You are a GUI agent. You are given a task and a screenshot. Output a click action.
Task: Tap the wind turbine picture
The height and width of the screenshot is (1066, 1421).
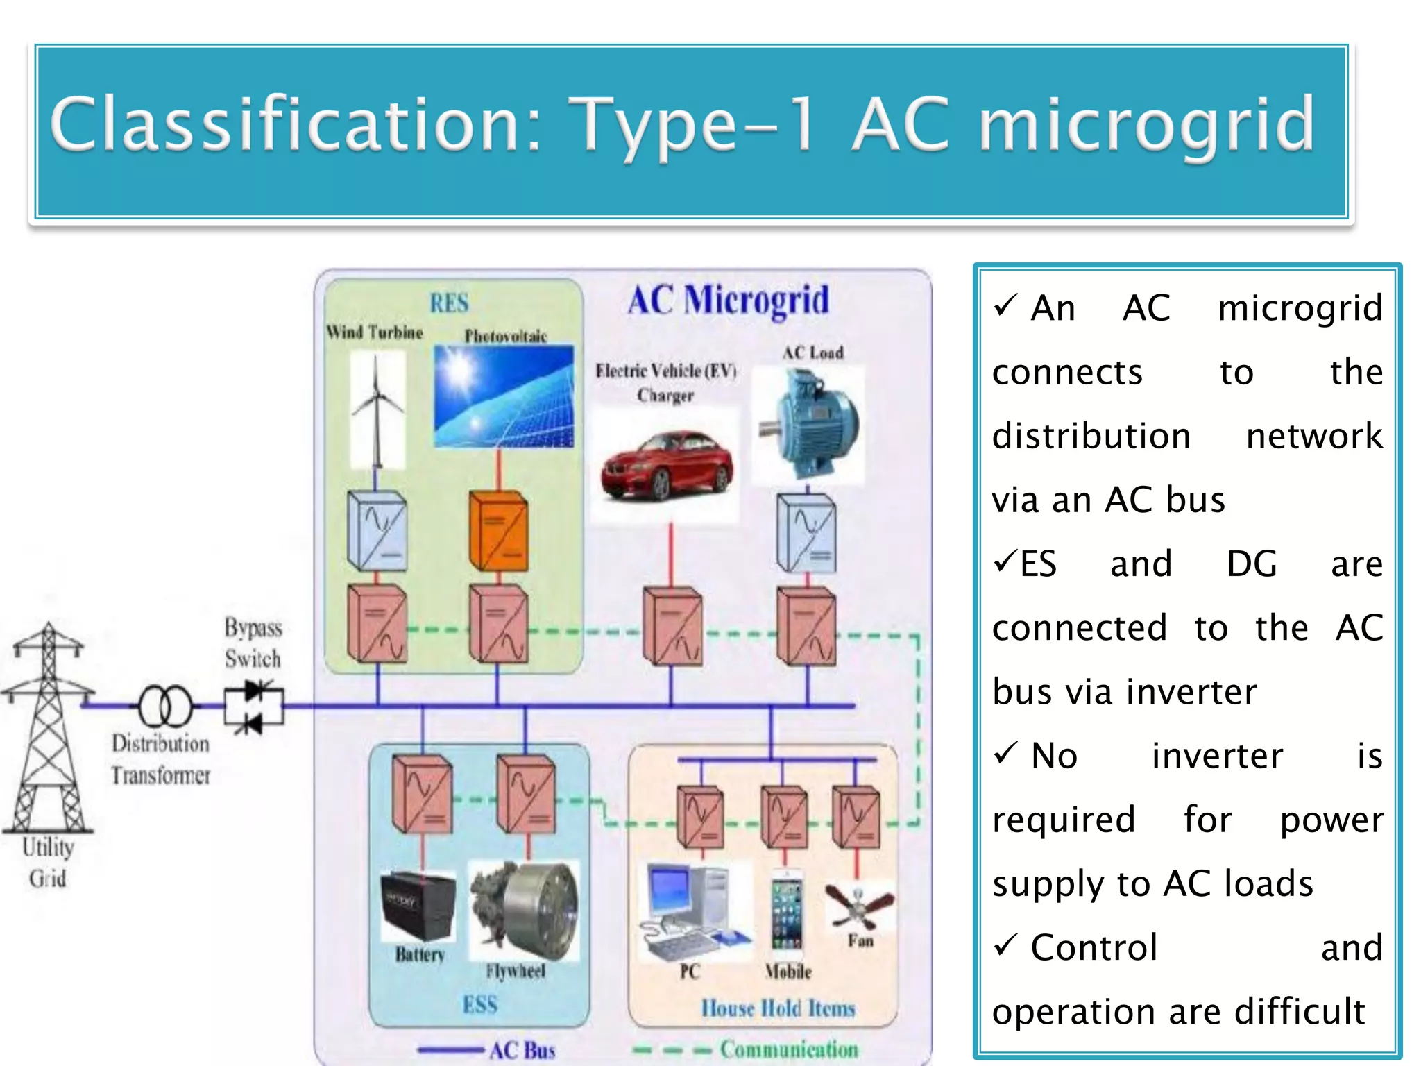(x=377, y=409)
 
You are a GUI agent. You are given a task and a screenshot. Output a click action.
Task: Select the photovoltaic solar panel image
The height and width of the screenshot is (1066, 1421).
(x=504, y=396)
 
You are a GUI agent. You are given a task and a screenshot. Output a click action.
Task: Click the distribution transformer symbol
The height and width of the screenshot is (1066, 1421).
(x=165, y=706)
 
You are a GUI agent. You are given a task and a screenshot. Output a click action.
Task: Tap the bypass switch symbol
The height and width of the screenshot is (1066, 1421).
(x=253, y=707)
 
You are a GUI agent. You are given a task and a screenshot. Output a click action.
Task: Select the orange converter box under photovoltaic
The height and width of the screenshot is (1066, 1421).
(x=498, y=530)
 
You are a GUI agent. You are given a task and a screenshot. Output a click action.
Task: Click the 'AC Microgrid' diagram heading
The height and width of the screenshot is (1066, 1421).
(x=728, y=301)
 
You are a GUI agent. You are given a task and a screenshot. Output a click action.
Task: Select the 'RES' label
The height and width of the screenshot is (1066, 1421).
(x=449, y=303)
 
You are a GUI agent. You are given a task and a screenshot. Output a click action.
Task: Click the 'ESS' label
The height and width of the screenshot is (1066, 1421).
(x=480, y=1004)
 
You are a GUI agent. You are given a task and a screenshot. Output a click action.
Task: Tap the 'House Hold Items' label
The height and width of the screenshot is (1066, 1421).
(x=778, y=1008)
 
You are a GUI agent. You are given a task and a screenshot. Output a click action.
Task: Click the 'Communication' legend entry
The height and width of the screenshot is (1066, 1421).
(x=788, y=1049)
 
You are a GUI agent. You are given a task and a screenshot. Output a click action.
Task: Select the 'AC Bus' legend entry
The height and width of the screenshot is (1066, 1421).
(x=522, y=1050)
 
